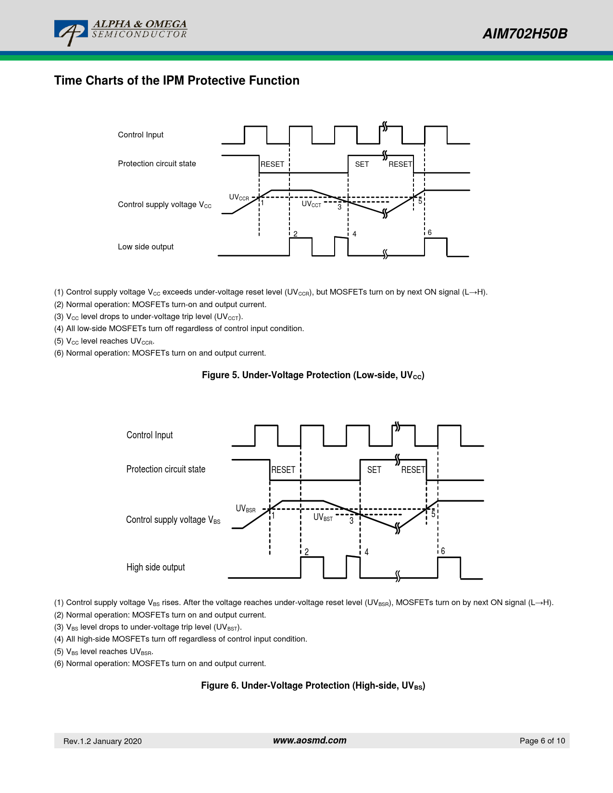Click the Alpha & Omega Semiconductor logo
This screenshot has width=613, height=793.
120,33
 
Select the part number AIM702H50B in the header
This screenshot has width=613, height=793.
525,34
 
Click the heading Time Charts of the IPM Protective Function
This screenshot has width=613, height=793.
176,80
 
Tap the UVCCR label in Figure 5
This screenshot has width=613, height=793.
239,197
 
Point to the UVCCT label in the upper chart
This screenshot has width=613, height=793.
311,204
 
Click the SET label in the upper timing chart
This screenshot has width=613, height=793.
362,164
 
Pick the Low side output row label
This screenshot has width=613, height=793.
146,247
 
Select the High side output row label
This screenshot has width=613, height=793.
155,567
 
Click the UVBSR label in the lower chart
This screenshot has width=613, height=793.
245,508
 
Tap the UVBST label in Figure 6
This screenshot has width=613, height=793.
323,517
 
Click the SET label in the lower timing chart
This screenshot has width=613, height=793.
374,470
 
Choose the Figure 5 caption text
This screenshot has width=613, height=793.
313,375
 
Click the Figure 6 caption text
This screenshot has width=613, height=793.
313,686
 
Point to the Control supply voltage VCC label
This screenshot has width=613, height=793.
164,205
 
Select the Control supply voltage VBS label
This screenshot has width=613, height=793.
173,520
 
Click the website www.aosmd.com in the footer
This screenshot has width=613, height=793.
310,741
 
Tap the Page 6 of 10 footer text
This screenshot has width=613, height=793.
542,741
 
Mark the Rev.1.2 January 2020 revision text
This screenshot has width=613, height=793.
102,741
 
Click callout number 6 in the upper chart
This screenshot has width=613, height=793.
429,233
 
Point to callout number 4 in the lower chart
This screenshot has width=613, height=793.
366,552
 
